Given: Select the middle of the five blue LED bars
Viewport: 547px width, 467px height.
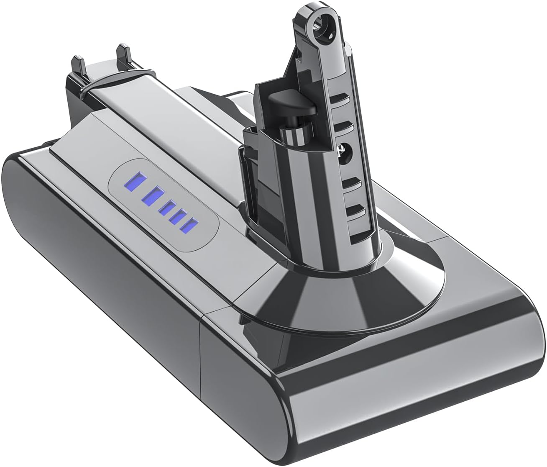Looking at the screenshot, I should [167, 208].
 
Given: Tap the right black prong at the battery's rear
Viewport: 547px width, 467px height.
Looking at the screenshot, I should [123, 54].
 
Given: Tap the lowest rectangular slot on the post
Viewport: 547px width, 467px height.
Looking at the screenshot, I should [356, 209].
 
